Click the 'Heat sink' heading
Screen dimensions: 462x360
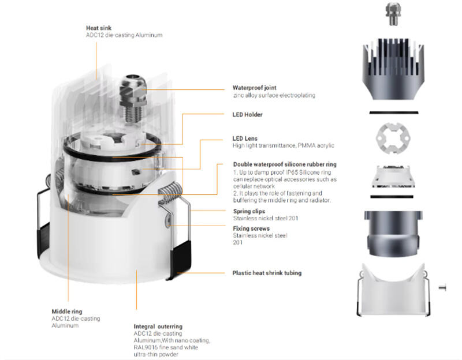[x=99, y=28]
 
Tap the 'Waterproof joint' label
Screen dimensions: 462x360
[x=254, y=88]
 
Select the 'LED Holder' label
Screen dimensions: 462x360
[x=247, y=114]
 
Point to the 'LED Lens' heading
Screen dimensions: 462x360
[x=245, y=138]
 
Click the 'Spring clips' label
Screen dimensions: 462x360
[x=249, y=211]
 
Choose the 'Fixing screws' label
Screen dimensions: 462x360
[x=251, y=228]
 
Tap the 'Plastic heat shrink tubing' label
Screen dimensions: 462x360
[x=267, y=273]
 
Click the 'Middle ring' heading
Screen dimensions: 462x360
[x=67, y=312]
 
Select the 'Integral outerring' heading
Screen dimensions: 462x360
[x=158, y=327]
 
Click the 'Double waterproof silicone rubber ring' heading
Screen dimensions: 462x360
[x=285, y=164]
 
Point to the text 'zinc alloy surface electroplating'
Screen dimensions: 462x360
[x=274, y=95]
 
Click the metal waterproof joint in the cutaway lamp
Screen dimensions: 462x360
[x=133, y=98]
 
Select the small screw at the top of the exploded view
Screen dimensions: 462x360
[x=393, y=14]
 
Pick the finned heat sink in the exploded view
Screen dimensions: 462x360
[x=393, y=69]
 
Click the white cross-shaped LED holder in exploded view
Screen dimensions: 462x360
[x=393, y=138]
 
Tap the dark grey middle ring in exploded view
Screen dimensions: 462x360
[x=393, y=233]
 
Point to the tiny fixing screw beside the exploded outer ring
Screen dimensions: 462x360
[x=442, y=287]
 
